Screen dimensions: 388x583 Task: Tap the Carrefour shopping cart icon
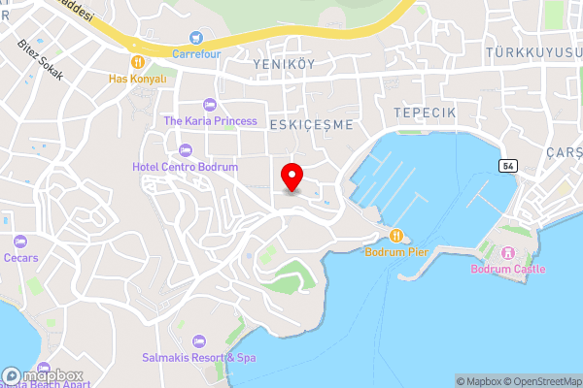197,38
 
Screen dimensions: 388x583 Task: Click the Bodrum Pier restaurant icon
396,236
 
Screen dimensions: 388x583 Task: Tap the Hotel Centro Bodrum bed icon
186,150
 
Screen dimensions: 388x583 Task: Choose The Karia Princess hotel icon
210,105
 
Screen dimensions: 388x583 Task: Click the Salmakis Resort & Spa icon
198,341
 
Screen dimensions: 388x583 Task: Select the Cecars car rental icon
20,242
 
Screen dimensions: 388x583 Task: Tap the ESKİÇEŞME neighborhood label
311,125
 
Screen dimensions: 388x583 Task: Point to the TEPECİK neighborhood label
425,113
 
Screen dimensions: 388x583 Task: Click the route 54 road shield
508,166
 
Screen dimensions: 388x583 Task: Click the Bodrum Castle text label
508,269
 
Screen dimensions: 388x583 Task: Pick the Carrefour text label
197,53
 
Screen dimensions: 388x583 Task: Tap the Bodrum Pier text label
396,252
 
